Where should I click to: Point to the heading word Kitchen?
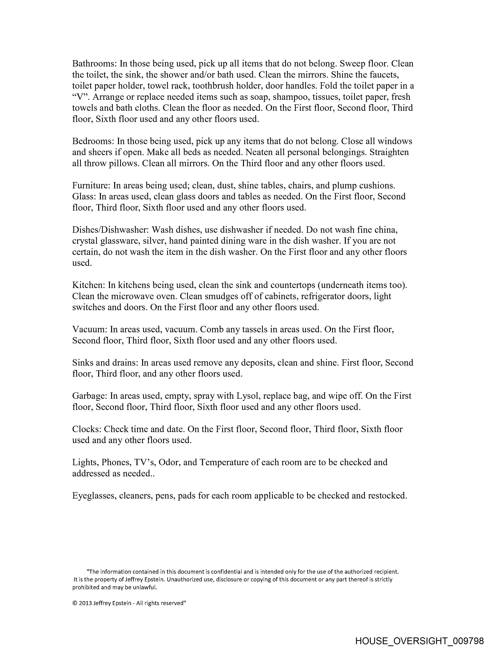tap(88, 285)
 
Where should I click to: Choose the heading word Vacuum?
tap(90, 329)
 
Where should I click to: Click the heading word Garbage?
tap(90, 396)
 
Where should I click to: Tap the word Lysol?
tap(248, 396)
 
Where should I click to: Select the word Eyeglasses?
tap(95, 495)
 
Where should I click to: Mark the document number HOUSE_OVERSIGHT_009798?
tap(419, 641)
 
